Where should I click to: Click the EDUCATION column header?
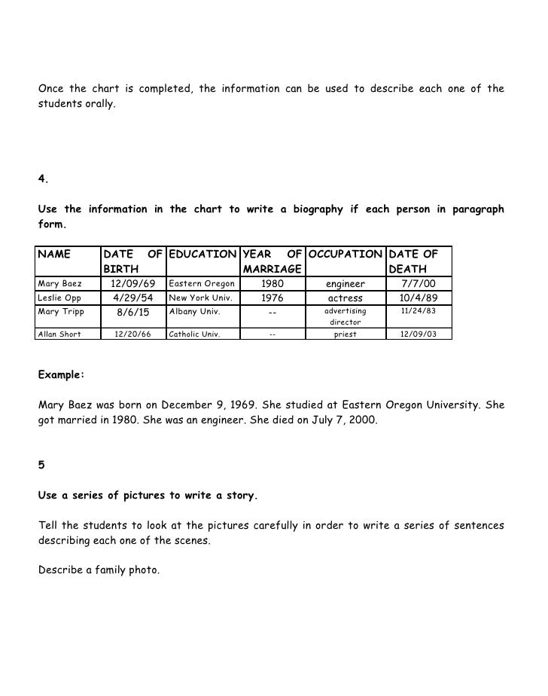201,255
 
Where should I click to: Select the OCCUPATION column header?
346,255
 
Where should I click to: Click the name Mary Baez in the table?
58,284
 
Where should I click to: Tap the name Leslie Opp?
56,298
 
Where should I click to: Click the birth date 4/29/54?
132,298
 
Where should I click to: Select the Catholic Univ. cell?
195,334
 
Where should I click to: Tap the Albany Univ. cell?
192,311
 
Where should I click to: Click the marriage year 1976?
272,298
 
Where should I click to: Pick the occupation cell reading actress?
345,298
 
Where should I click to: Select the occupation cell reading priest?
345,334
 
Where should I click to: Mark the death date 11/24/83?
419,310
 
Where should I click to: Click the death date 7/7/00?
419,284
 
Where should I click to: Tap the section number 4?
43,179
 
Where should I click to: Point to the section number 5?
41,465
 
